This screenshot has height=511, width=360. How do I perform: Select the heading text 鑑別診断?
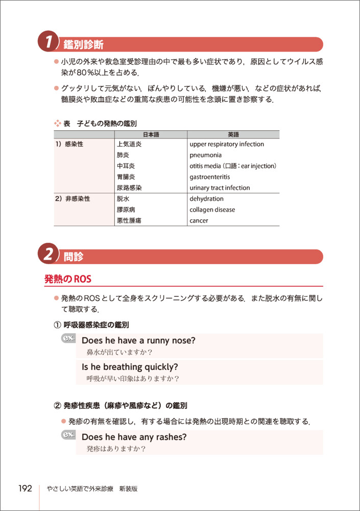[84, 44]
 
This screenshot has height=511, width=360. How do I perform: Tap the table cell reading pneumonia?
[205, 155]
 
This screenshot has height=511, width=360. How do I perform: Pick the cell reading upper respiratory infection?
[227, 144]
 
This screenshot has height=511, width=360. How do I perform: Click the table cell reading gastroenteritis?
[210, 177]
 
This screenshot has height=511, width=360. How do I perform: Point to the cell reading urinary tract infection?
[220, 188]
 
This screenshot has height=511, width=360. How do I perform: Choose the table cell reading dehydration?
[206, 199]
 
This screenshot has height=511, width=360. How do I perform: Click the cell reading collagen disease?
[212, 210]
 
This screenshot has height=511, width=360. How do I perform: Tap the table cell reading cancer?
[199, 221]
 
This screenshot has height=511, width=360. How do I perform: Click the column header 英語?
[233, 134]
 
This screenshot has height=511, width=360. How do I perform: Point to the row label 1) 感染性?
[69, 144]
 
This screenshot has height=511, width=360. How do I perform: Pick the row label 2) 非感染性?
[73, 199]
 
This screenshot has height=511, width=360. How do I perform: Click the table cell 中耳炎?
[126, 166]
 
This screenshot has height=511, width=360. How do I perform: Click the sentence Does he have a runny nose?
[138, 340]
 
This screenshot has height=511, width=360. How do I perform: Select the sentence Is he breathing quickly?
[130, 367]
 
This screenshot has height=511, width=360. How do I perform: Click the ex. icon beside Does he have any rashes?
[68, 435]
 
